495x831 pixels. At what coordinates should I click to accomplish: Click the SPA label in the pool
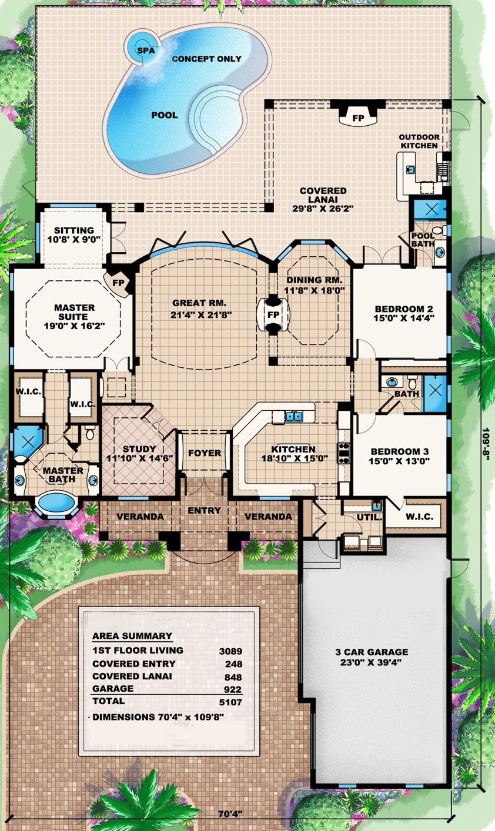(x=145, y=50)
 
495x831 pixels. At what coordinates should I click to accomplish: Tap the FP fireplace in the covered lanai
(x=357, y=116)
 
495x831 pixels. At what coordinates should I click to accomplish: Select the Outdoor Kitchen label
(x=419, y=141)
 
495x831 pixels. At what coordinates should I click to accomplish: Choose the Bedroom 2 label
(x=399, y=310)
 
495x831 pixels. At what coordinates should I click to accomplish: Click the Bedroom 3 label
(x=399, y=451)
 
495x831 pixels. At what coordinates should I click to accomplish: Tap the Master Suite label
(x=74, y=307)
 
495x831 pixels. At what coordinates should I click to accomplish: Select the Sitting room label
(x=74, y=230)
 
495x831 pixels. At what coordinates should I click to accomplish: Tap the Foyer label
(x=205, y=453)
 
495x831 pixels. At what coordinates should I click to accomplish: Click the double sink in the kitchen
(x=295, y=417)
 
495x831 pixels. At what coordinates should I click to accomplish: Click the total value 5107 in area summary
(x=230, y=701)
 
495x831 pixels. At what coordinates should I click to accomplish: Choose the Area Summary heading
(x=132, y=636)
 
